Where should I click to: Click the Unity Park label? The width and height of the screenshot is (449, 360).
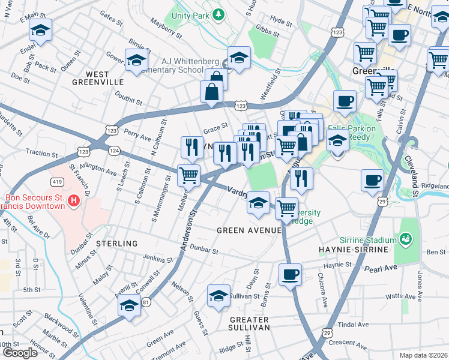188,14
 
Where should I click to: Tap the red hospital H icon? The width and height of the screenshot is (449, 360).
74,200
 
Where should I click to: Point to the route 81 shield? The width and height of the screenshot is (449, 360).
146,302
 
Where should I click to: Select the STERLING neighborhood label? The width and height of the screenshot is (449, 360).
117,244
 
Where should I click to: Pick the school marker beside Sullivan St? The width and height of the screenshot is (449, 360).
218,295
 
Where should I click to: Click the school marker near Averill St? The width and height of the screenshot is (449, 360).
128,305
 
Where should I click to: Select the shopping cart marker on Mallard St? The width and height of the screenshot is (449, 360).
188,175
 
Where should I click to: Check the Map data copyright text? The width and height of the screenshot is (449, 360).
423,355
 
